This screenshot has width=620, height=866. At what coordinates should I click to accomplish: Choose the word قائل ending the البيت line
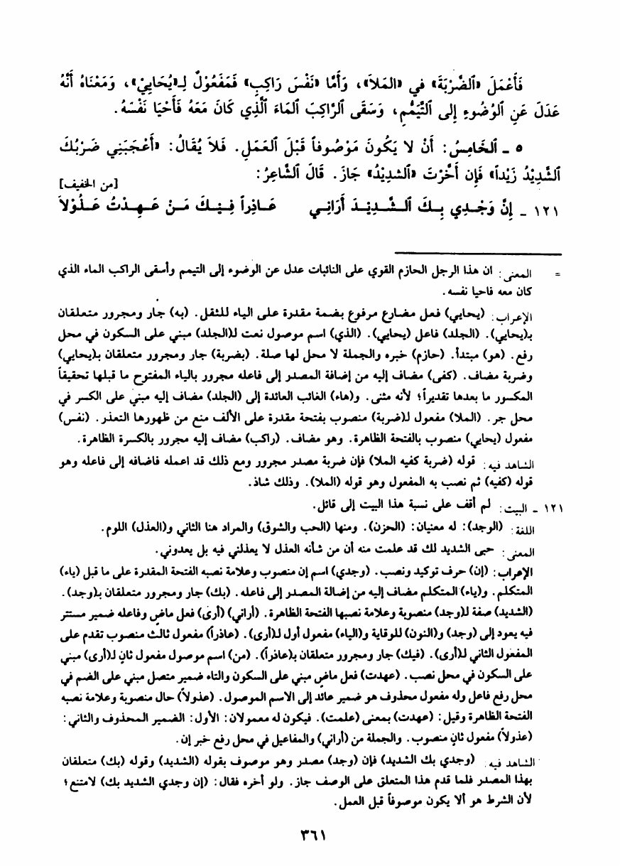322,505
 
